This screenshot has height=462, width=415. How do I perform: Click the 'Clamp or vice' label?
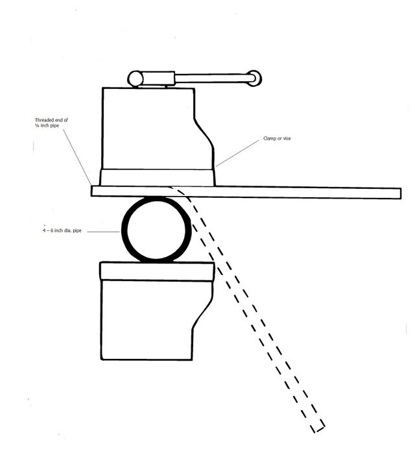[x=277, y=138]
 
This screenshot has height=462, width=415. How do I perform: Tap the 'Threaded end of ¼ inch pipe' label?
[x=51, y=123]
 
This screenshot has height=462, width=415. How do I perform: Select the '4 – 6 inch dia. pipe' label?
[x=62, y=230]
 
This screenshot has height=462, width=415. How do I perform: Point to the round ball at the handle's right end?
[x=254, y=78]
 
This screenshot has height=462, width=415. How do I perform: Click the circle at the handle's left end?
[x=135, y=79]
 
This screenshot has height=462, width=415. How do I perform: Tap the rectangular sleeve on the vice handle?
[x=158, y=79]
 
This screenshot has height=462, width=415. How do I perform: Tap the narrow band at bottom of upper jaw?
[x=158, y=178]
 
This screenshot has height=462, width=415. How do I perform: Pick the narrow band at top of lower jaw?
[x=157, y=271]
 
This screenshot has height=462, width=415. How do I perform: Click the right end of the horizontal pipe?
[x=401, y=193]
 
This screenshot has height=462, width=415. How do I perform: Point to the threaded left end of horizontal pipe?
[x=92, y=191]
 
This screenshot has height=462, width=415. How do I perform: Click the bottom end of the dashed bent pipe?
[x=318, y=430]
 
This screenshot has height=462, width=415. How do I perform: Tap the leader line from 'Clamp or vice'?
[x=237, y=153]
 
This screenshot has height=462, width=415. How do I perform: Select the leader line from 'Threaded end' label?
[x=77, y=157]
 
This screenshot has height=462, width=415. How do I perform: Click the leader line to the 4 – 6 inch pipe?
[x=103, y=232]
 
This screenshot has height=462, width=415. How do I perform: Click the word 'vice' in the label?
[x=287, y=138]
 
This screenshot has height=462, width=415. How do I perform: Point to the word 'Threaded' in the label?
[x=43, y=120]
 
